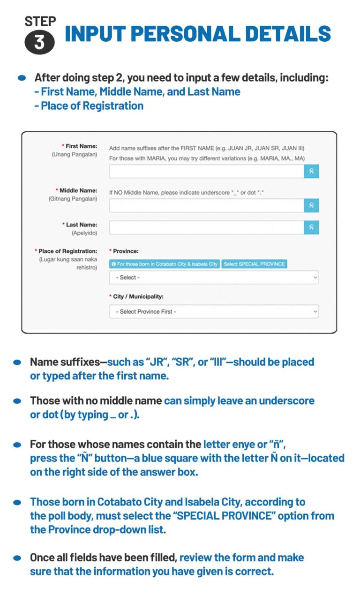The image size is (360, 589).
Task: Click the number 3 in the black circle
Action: click(39, 42)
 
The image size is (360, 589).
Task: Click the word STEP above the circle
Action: click(40, 21)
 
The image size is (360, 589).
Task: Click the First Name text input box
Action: click(207, 172)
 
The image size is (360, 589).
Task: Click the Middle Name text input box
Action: click(207, 206)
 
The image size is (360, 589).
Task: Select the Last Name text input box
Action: click(207, 227)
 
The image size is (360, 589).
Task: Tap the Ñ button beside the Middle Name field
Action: click(311, 206)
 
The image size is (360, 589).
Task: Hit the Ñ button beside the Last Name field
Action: click(311, 227)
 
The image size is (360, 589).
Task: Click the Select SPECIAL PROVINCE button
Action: click(254, 264)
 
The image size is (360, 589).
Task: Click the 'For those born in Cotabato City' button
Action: click(165, 264)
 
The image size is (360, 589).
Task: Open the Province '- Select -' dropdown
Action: click(214, 278)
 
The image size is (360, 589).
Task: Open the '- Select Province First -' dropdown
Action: click(214, 311)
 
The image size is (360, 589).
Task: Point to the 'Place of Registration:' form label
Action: click(67, 251)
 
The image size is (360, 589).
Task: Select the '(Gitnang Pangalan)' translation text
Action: click(73, 199)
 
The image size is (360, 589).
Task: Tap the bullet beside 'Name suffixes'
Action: click(17, 362)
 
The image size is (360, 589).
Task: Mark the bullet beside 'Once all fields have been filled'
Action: click(17, 558)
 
